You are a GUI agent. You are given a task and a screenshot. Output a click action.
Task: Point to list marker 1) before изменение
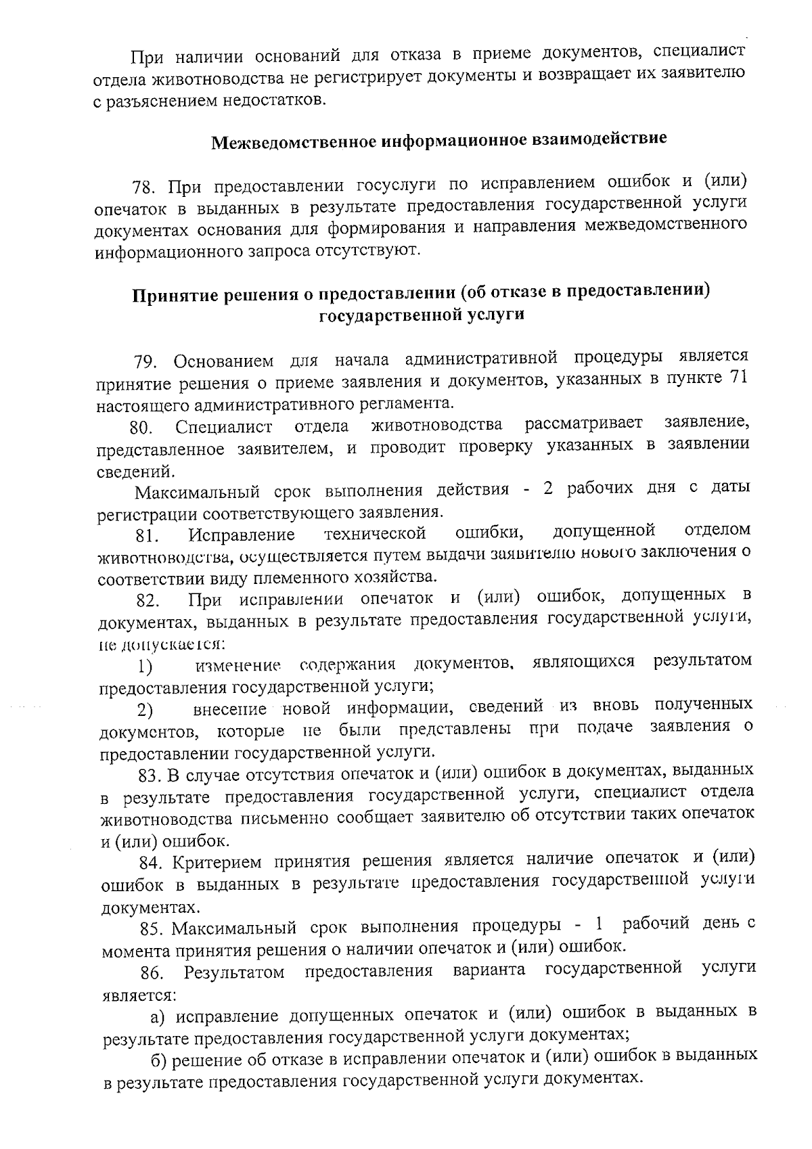(x=145, y=667)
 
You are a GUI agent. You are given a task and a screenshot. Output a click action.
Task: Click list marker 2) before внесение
(x=145, y=711)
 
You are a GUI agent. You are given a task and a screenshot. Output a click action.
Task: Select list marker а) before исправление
(x=158, y=1017)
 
